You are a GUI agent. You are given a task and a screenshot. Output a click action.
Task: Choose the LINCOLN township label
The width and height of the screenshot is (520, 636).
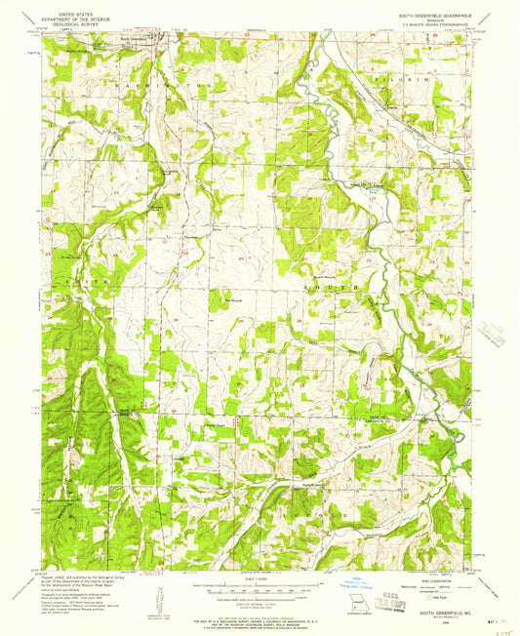(293, 507)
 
